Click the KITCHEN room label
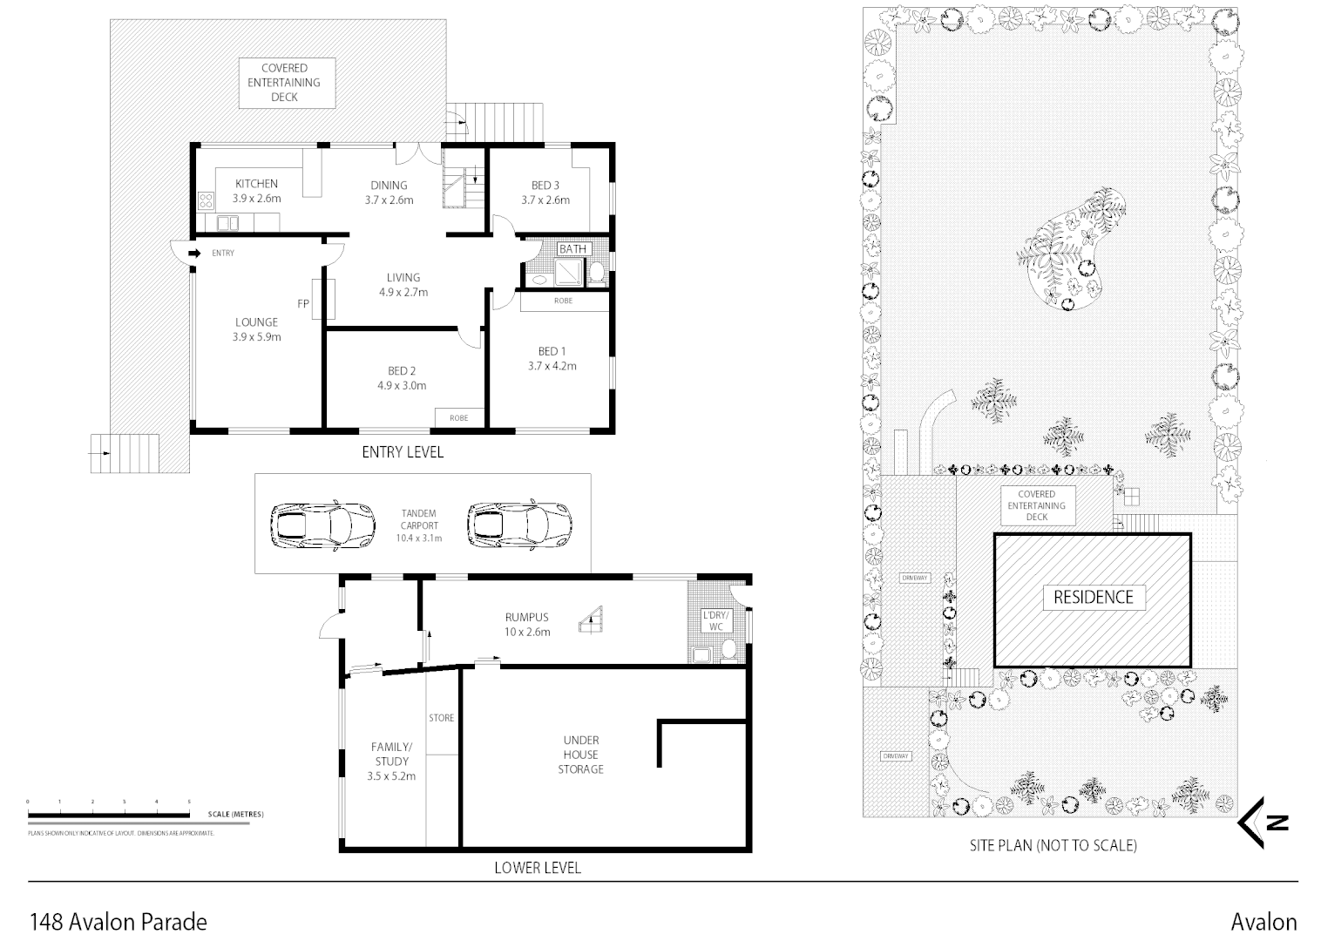(x=256, y=184)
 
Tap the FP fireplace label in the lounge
(x=303, y=304)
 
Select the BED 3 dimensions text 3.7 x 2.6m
(x=545, y=200)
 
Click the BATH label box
(x=572, y=249)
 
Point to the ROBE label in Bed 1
(x=564, y=301)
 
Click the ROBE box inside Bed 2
(x=458, y=417)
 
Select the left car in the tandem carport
(x=323, y=525)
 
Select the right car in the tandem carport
(x=519, y=525)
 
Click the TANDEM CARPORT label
(x=419, y=525)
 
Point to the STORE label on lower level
(x=441, y=718)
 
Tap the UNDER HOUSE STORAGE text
(x=580, y=755)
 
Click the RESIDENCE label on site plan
(x=1094, y=597)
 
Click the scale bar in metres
(x=109, y=815)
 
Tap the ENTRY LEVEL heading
(x=403, y=452)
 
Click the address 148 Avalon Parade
(x=119, y=921)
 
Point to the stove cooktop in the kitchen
(x=207, y=201)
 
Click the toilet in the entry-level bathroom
(x=597, y=275)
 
